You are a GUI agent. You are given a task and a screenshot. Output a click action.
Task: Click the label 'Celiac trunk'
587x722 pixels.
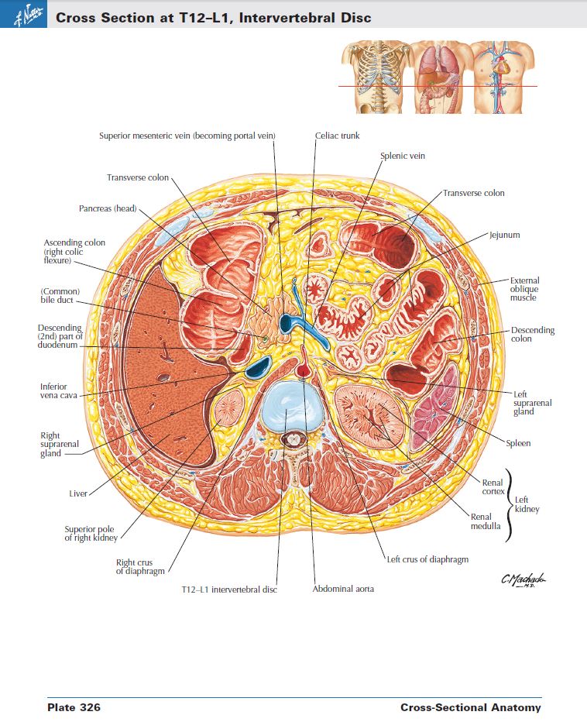(337, 136)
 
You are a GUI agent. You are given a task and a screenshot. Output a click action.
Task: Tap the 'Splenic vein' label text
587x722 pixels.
(402, 156)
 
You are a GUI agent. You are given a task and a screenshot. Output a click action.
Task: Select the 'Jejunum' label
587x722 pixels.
(504, 234)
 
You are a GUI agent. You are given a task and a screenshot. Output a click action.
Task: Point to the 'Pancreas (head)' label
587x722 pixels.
(108, 208)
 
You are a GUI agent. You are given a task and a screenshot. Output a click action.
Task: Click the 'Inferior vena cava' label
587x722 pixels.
(53, 390)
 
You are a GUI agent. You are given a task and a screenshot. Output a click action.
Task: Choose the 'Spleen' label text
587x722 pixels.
(518, 444)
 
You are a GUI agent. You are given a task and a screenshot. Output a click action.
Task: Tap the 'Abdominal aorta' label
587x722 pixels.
(343, 589)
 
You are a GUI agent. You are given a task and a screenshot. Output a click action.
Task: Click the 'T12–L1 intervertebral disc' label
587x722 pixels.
(228, 590)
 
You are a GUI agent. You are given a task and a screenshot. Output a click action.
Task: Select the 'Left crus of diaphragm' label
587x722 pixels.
(427, 559)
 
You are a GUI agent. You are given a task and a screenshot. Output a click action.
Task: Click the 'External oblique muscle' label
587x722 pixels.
(525, 289)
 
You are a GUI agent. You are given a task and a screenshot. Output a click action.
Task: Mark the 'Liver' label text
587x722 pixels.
(78, 493)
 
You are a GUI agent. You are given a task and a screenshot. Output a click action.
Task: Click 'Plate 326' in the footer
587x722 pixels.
(74, 707)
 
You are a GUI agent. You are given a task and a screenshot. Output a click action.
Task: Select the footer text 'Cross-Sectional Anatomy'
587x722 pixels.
(470, 707)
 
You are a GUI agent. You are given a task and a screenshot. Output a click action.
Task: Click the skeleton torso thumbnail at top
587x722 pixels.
(373, 75)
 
